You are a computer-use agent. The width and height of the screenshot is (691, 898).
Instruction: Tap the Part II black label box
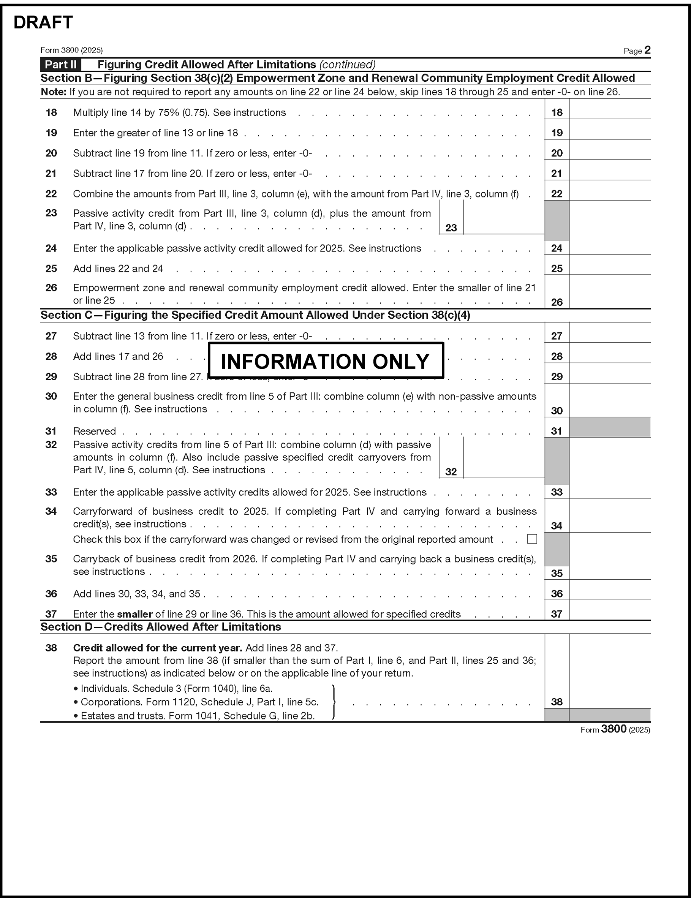(x=60, y=65)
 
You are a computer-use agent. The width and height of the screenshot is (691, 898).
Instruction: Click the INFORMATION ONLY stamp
(x=325, y=360)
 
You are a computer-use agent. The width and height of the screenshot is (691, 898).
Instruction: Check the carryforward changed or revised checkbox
(x=532, y=539)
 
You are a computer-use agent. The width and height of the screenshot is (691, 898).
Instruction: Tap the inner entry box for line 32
(x=503, y=458)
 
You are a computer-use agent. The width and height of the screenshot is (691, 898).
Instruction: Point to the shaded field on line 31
(x=610, y=428)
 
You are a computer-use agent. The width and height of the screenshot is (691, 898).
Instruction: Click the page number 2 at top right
(x=647, y=50)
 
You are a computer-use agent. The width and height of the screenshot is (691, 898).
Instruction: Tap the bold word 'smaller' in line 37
(x=135, y=614)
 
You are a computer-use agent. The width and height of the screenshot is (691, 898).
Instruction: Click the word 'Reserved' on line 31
(x=94, y=431)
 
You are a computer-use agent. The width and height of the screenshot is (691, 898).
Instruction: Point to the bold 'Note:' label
(x=54, y=92)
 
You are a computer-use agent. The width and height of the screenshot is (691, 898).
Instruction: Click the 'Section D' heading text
(x=160, y=627)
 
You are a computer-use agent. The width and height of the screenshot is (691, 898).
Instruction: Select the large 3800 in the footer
(x=613, y=729)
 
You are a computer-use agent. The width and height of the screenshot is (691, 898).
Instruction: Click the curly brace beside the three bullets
(x=334, y=702)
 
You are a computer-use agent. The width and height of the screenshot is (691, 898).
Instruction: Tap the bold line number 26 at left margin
(x=51, y=288)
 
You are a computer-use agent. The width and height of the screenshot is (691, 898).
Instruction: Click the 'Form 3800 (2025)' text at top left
(x=71, y=50)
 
